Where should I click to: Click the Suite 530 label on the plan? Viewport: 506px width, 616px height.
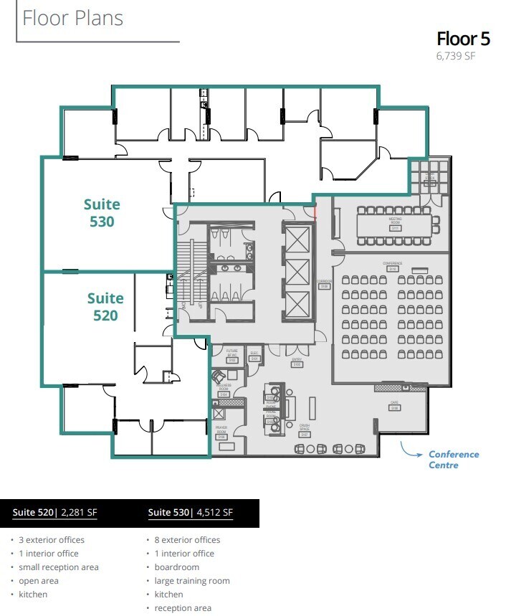[x=102, y=213]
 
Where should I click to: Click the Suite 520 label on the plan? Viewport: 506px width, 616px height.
[x=105, y=307]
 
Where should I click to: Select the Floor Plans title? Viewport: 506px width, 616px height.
[x=72, y=18]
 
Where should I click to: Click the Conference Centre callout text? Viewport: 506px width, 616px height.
[x=453, y=460]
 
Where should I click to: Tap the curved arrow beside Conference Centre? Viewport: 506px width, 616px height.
[x=411, y=451]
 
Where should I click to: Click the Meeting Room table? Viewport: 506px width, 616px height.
[x=395, y=224]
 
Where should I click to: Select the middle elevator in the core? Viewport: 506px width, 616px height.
[x=297, y=273]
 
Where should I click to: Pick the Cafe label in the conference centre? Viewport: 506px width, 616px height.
[x=393, y=405]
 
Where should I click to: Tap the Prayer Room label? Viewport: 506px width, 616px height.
[x=221, y=433]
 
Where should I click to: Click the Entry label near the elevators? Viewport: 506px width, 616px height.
[x=297, y=362]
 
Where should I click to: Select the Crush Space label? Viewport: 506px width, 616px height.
[x=304, y=430]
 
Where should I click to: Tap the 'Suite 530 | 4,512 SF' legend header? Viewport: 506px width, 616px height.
[x=191, y=512]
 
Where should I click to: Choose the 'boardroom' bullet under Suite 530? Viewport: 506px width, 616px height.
[x=177, y=567]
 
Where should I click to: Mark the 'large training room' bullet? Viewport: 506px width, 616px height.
[x=192, y=581]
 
